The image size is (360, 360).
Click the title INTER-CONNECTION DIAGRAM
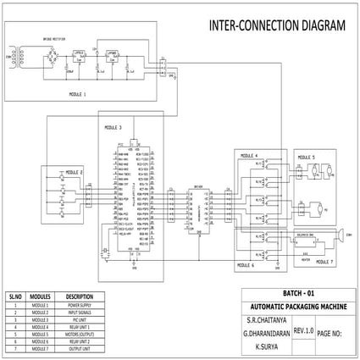(277, 25)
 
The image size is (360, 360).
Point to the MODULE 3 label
(113, 127)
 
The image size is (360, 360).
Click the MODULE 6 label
(245, 265)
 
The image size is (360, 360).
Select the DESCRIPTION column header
(79, 296)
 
